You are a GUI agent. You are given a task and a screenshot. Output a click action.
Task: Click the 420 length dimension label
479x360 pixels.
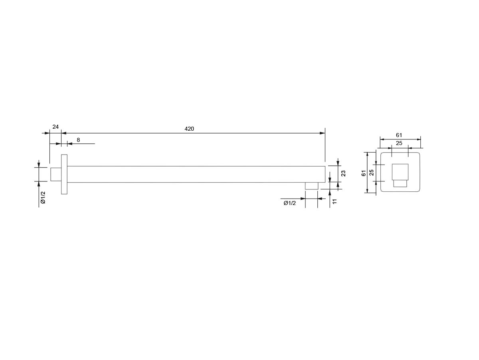click(x=189, y=129)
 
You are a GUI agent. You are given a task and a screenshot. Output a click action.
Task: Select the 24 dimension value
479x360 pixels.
click(x=55, y=127)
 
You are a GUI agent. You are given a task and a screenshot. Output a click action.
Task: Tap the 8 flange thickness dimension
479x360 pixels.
click(x=78, y=140)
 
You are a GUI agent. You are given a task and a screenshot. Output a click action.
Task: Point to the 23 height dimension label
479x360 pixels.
click(x=343, y=173)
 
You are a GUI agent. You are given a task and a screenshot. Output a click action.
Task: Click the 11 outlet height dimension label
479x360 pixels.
click(x=335, y=201)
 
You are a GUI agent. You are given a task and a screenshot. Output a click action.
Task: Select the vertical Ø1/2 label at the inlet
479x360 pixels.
click(x=43, y=198)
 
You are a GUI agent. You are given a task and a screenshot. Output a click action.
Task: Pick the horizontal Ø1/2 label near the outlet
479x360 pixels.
click(x=289, y=203)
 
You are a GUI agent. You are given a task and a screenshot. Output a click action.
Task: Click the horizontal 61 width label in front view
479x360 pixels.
click(x=399, y=135)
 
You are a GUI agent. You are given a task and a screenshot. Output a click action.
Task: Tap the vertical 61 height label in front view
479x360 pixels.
click(x=364, y=173)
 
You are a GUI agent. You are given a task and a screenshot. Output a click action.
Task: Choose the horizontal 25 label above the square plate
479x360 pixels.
click(x=399, y=143)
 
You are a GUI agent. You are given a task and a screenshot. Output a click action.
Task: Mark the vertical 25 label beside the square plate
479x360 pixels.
click(x=371, y=173)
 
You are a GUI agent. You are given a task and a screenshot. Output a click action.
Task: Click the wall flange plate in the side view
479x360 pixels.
click(x=64, y=174)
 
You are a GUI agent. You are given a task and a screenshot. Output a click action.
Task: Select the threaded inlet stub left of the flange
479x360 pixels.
click(x=56, y=174)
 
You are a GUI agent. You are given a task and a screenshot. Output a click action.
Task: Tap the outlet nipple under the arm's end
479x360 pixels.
click(x=311, y=186)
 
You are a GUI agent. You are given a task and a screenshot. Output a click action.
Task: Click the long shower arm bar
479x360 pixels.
click(x=196, y=174)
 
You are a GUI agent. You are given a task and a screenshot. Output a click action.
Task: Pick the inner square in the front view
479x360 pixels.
click(x=400, y=172)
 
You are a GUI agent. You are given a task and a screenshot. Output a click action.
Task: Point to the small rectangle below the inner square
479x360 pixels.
click(x=400, y=183)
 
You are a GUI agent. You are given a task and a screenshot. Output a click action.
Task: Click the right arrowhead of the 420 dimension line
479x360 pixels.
click(x=322, y=133)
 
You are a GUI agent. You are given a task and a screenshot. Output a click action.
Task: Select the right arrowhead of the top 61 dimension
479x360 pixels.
click(x=418, y=139)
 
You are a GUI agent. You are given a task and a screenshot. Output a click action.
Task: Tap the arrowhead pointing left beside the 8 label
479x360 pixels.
click(x=70, y=144)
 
